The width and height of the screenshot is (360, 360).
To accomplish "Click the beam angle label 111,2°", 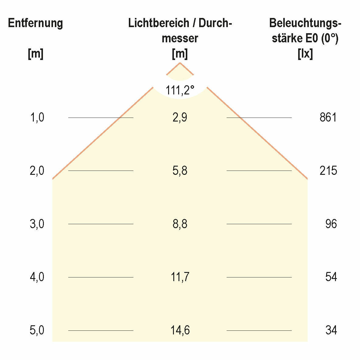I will [x=180, y=90].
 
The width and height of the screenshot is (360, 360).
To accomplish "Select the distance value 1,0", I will [x=37, y=118].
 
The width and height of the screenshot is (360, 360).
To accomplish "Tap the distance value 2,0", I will [x=37, y=171].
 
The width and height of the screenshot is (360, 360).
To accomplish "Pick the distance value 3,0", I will [x=37, y=224].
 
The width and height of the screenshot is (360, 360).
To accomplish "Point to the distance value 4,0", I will [x=37, y=277].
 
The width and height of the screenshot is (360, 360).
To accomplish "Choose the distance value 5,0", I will [x=37, y=330].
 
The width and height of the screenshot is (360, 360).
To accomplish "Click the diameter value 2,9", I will [x=180, y=118].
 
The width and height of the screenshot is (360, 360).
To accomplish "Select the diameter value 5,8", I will [x=180, y=171].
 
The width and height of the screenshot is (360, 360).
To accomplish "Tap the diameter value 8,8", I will [x=180, y=224].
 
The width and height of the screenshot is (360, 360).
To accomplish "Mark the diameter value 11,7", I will [x=180, y=277].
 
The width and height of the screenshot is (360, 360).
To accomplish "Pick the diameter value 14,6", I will [x=180, y=330].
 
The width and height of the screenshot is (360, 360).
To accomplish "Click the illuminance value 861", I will [x=328, y=118].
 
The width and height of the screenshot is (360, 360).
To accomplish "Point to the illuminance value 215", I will [x=328, y=171].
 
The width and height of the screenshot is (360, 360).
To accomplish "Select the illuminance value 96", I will [x=331, y=224].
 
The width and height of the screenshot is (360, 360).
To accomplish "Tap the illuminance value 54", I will [x=331, y=277].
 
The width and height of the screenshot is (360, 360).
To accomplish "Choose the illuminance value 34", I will [x=331, y=330].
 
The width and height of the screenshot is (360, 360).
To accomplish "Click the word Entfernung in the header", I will [x=35, y=23].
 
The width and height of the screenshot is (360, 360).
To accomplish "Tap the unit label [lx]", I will [x=305, y=54].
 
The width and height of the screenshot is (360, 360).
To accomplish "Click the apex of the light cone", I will [x=180, y=63].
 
